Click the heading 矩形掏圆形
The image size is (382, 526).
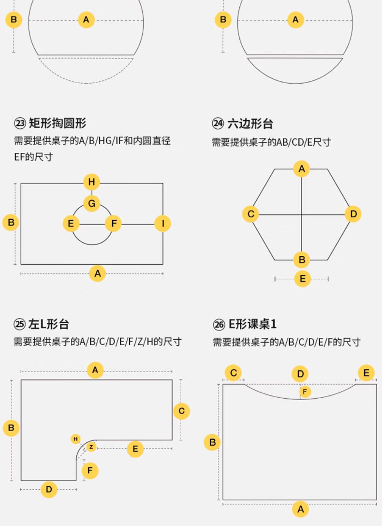[58, 123]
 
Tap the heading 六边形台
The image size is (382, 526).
[250, 123]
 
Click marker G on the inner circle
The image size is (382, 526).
[91, 204]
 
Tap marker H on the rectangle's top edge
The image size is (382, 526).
[91, 182]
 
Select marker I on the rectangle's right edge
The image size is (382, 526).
[163, 224]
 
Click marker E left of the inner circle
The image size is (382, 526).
[71, 224]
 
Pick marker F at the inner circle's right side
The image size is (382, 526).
[114, 224]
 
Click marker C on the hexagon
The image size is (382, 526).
[250, 214]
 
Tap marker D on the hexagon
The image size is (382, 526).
[353, 214]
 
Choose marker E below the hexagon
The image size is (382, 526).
[303, 279]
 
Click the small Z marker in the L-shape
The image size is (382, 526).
[91, 447]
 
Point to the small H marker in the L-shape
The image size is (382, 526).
[75, 439]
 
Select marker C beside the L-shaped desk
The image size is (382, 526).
[181, 411]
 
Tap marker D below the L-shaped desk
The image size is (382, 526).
[49, 489]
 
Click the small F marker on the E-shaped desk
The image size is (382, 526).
[305, 391]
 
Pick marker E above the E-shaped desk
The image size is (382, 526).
[366, 373]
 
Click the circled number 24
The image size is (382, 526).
[218, 124]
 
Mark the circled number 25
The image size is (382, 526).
[19, 324]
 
